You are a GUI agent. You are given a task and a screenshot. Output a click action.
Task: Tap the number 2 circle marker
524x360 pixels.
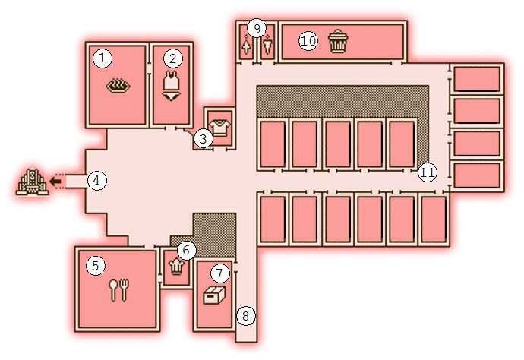tap(173, 57)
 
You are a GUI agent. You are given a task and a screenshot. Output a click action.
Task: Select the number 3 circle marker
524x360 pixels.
tap(202, 138)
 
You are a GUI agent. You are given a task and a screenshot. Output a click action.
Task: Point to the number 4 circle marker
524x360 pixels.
tap(96, 180)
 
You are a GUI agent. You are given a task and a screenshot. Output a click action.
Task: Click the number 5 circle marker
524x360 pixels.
tap(95, 265)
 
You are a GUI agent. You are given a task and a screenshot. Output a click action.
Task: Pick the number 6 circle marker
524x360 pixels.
tap(187, 248)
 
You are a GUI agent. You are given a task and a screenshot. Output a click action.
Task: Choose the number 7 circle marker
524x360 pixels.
tap(219, 272)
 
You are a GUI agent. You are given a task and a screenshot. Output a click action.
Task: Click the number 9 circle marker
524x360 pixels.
tap(257, 29)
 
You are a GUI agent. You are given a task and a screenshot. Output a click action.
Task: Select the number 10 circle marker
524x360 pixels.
tap(307, 41)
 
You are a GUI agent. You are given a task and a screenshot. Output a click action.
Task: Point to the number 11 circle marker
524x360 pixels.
tap(427, 172)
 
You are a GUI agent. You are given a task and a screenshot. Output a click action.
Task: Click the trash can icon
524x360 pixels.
tap(337, 41)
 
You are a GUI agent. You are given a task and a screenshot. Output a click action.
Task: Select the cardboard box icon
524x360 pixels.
tap(215, 296)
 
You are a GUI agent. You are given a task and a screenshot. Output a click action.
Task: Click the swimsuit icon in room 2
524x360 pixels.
tap(172, 87)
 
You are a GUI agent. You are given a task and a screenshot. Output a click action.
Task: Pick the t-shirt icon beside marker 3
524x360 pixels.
tap(219, 128)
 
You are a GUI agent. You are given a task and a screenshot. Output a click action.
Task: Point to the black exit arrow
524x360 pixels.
tap(55, 181)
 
